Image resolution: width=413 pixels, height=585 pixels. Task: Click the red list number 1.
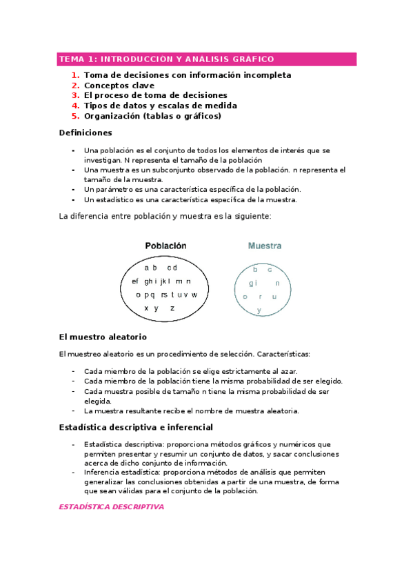point(74,75)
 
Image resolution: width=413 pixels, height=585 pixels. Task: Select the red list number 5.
point(74,117)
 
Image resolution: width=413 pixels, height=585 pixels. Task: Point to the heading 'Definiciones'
point(85,132)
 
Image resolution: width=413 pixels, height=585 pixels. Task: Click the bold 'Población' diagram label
point(165,246)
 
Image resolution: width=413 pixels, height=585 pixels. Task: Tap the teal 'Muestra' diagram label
point(265,246)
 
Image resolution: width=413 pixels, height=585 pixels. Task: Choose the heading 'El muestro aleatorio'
point(103,337)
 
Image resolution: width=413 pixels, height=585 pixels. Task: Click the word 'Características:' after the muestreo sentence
point(283,354)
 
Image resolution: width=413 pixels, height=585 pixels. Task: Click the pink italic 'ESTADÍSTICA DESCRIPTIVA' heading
point(111,507)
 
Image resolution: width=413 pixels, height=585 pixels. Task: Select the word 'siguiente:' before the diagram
point(252,216)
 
